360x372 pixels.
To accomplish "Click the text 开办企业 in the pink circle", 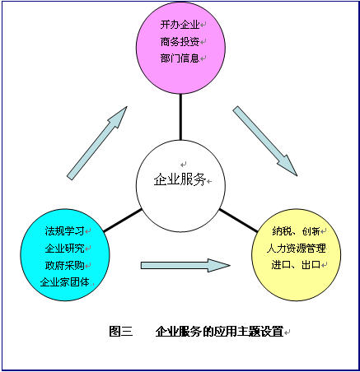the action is [x=180, y=25].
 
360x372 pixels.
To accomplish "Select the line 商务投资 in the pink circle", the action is [x=180, y=42].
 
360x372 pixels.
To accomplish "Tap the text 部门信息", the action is [x=180, y=58].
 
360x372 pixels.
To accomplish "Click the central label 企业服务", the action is [x=180, y=180].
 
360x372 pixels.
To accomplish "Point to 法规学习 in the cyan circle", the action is [x=64, y=231].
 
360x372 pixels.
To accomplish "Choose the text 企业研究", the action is [x=64, y=249].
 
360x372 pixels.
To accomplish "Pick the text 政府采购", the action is [x=64, y=265].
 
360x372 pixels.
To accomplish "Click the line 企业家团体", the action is [x=64, y=282].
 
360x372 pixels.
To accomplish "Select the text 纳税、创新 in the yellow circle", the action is [x=296, y=231].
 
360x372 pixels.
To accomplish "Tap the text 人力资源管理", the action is [x=297, y=249].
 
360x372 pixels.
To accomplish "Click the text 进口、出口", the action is [x=296, y=265].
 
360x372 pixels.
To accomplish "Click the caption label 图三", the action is [x=121, y=332].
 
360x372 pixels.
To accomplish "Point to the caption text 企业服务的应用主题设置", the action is [x=219, y=332].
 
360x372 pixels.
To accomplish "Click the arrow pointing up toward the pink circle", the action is [x=97, y=143].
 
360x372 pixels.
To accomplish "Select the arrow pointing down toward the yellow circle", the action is [x=265, y=141].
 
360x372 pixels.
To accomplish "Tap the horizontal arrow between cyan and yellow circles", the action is [x=185, y=265].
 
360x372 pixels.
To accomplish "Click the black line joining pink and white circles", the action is [x=180, y=117].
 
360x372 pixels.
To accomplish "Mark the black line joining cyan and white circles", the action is [x=123, y=221].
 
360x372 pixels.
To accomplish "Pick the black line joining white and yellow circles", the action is [x=238, y=221].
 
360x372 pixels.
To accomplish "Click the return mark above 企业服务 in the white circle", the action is [x=184, y=165].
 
